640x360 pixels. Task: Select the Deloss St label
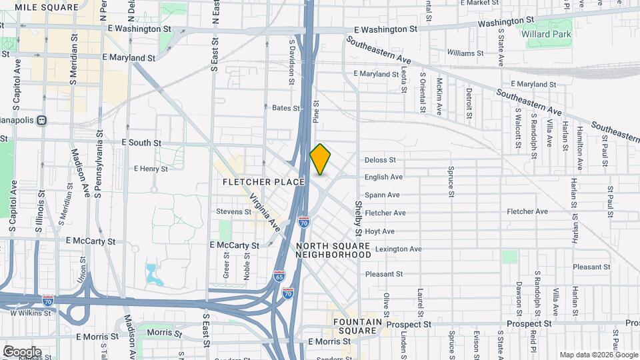[x=380, y=160]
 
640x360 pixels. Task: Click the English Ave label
[x=383, y=177]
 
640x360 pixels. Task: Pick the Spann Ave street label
[x=382, y=195]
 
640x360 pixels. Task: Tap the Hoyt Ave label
[x=379, y=231]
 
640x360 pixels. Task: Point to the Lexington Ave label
[x=398, y=249]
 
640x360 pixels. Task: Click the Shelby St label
[x=358, y=219]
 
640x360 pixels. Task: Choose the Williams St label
[x=465, y=53]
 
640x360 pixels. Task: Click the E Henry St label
[x=151, y=169]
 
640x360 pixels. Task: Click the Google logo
[x=21, y=352]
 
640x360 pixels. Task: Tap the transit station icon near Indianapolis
[x=41, y=121]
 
